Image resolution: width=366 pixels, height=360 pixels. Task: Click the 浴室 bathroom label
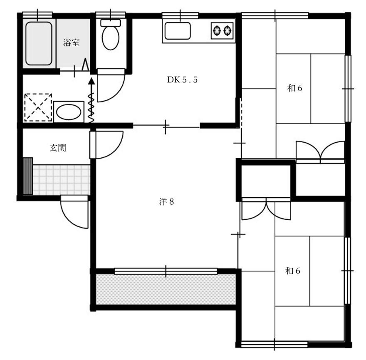point(71,43)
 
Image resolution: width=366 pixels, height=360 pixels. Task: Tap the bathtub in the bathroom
point(39,43)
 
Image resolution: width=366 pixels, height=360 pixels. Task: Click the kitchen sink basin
point(178,31)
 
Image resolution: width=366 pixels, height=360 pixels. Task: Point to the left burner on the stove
point(217,30)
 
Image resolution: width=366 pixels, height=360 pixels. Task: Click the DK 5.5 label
point(182,80)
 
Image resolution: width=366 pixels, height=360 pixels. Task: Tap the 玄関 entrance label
point(58,148)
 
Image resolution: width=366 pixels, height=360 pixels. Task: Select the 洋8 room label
point(166,201)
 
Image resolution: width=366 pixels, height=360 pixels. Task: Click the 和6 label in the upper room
point(294,88)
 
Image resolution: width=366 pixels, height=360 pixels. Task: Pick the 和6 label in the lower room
point(292,271)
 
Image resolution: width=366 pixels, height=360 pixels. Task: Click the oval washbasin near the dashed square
point(69,112)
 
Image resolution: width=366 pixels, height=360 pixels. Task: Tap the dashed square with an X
point(38,107)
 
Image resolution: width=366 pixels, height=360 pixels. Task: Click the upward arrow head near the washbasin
point(91,81)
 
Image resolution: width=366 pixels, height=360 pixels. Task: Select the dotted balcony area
point(166,289)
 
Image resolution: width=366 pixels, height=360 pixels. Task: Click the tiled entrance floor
point(62,180)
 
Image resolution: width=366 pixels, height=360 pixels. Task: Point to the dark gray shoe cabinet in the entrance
point(28,176)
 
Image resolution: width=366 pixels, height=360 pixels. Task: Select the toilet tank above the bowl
point(111,23)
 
